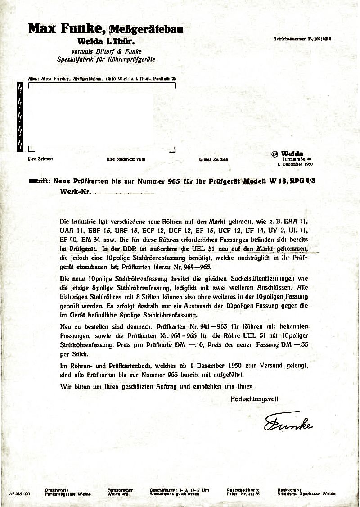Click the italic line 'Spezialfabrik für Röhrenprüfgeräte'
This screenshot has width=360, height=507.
100,59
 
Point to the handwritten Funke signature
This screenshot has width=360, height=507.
288,423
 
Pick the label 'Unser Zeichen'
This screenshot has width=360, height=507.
213,159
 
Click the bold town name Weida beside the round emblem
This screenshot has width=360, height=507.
292,154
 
